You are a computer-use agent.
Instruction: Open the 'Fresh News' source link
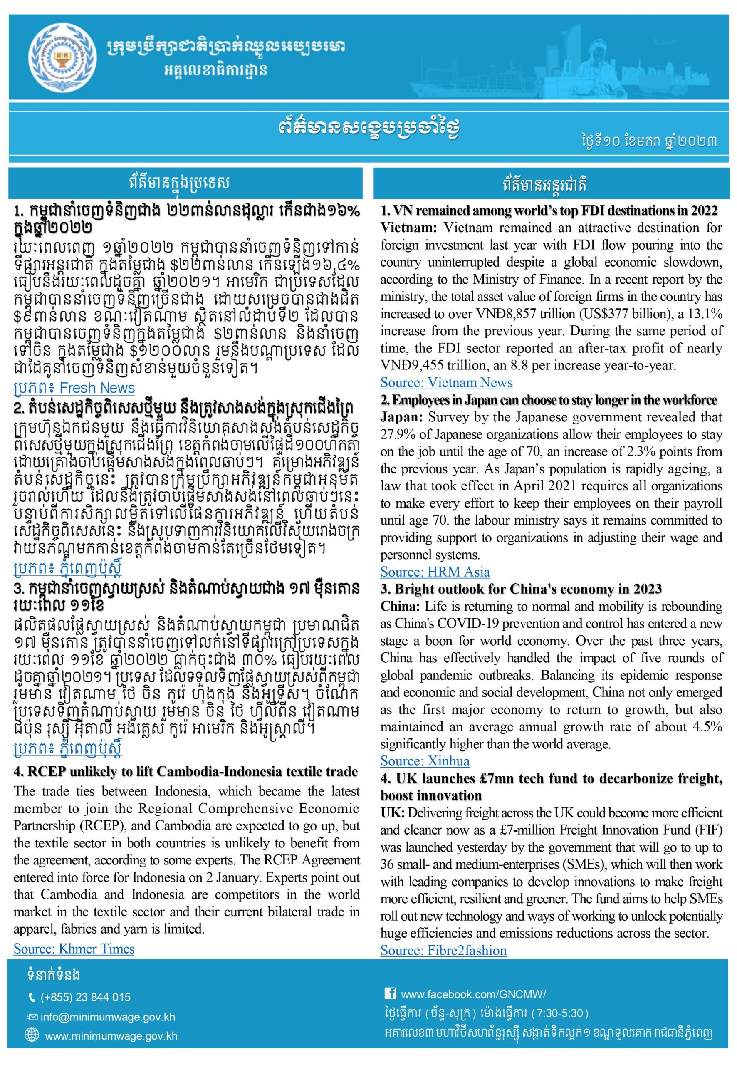coord(74,388)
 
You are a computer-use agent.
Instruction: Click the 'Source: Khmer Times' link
coord(74,949)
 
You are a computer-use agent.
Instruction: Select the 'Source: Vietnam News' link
coord(446,382)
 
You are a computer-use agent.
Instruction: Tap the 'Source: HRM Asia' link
coord(435,572)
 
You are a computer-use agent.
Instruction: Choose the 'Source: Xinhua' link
coord(425,761)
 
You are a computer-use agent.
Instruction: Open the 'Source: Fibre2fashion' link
coord(443,950)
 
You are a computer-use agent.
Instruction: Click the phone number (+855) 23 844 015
coord(85,997)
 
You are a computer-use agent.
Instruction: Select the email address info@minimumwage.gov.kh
coord(108,1017)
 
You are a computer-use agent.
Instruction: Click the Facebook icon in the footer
coord(390,993)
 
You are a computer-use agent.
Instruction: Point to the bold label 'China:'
coord(400,607)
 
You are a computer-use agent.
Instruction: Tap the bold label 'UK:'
coord(393,813)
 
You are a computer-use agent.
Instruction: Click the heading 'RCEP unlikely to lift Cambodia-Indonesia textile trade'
coord(185,772)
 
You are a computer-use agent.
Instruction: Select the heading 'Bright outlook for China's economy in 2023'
coord(521,589)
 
